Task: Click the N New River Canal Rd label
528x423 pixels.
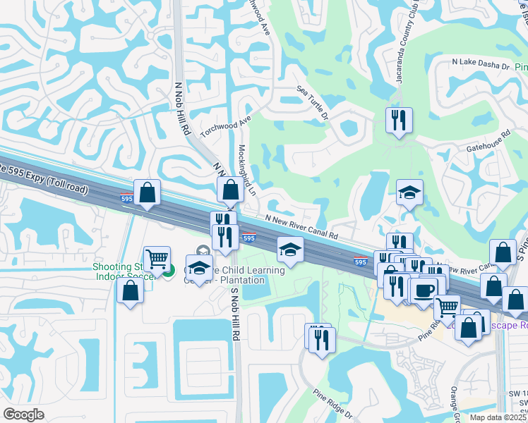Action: (x=302, y=226)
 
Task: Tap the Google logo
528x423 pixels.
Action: (x=23, y=415)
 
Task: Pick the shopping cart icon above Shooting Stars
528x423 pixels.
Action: (x=156, y=258)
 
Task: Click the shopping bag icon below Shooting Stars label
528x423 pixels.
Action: (x=131, y=290)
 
